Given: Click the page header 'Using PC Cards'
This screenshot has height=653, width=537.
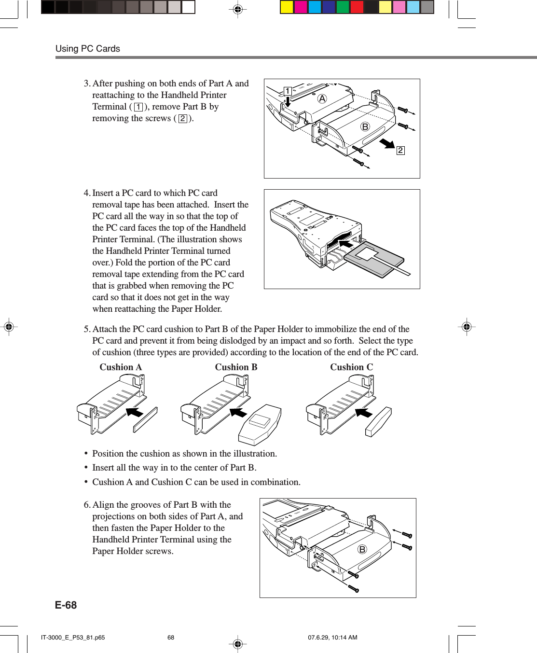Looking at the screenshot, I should click(88, 49).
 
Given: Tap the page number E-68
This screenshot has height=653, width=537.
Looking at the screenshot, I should click(66, 605).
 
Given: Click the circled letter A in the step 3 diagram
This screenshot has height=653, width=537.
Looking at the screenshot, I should click(322, 99).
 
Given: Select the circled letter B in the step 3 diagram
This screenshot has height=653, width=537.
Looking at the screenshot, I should click(365, 127).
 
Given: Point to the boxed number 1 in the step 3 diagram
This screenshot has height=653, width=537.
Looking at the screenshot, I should click(288, 91).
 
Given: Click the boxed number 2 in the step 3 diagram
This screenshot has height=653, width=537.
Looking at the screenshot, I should click(400, 151).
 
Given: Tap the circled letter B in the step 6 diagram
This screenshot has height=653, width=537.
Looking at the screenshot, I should click(362, 549).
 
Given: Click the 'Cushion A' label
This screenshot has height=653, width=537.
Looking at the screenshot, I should click(121, 367).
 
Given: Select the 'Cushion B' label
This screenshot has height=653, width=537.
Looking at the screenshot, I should click(236, 367).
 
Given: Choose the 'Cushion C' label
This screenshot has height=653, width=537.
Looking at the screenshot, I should click(351, 367).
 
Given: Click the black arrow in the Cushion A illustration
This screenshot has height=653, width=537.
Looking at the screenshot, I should click(135, 412).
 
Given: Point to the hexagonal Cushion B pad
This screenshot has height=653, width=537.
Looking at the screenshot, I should click(260, 425).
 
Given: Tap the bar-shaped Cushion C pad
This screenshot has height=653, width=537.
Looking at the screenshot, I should click(378, 422).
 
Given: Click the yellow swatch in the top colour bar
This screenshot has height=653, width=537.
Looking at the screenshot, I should click(287, 7).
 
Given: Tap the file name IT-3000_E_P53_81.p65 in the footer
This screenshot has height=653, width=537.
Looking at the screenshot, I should click(73, 638).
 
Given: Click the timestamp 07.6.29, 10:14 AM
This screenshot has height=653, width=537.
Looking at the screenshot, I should click(332, 638).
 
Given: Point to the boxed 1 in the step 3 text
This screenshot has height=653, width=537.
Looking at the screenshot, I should click(138, 107).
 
